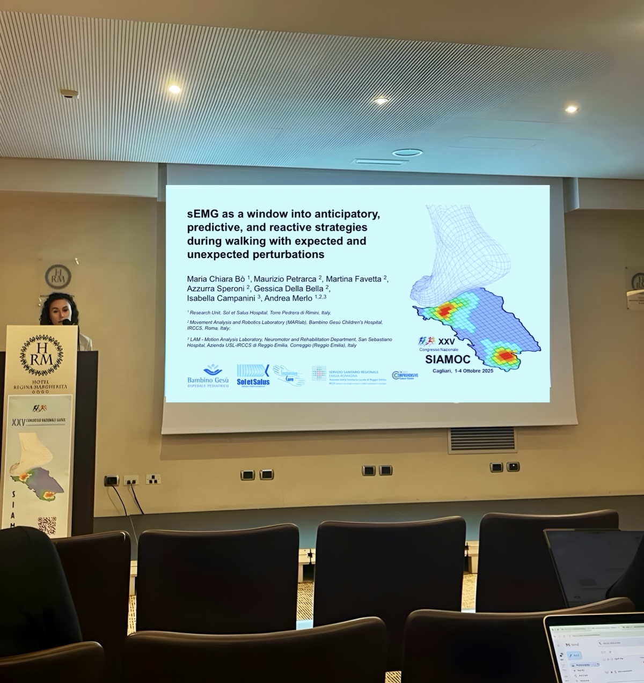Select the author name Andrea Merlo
(x=288, y=298)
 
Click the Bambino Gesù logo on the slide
(x=208, y=376)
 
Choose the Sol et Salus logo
(x=253, y=375)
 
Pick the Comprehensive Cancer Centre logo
(x=405, y=375)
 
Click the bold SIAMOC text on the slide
(x=448, y=359)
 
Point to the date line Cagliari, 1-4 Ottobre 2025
(x=463, y=371)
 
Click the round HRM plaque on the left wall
(x=58, y=276)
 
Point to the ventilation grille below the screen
(x=482, y=440)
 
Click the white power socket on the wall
(x=153, y=479)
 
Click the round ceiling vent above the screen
(x=407, y=153)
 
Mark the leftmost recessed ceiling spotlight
(x=174, y=89)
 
